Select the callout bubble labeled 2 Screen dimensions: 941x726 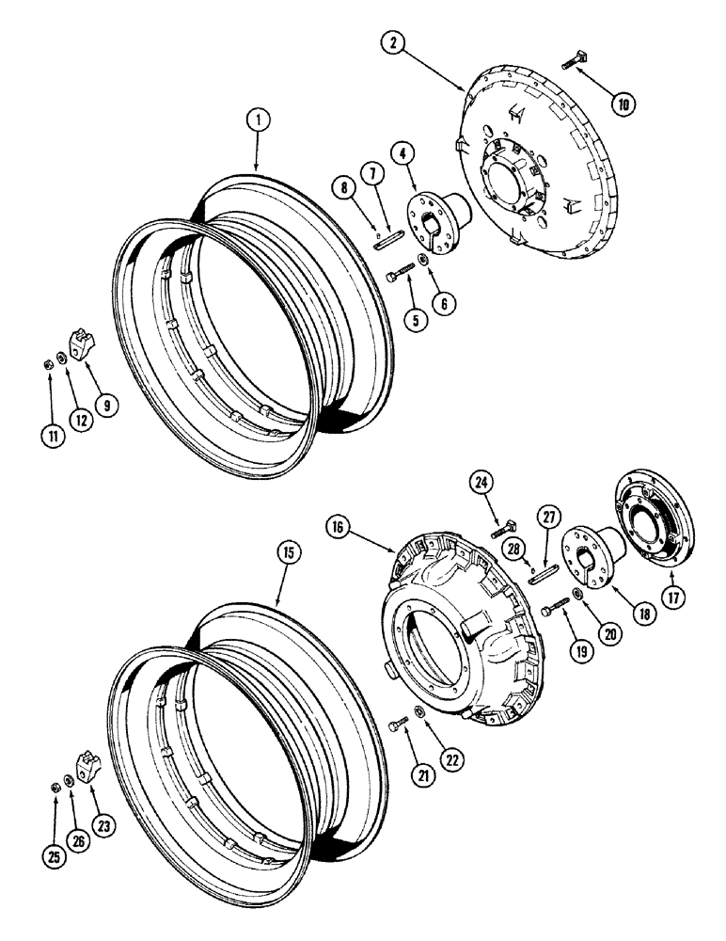(392, 42)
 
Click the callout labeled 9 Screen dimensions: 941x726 (109, 407)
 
